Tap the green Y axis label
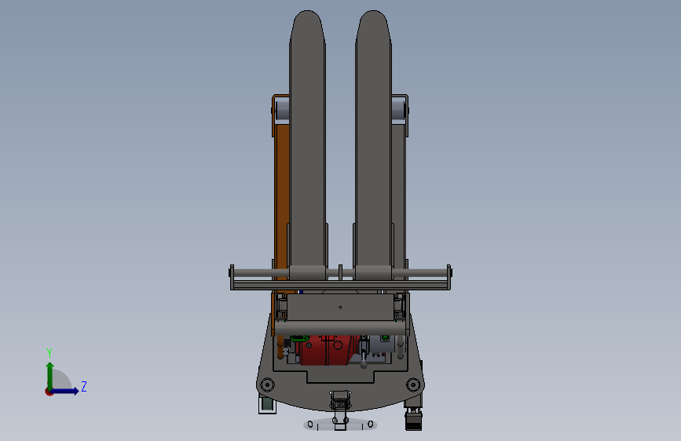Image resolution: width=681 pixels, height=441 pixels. pos(49,353)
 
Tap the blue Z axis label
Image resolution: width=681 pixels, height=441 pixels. pos(84,386)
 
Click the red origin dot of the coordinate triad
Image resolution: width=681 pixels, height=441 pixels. pos(49,392)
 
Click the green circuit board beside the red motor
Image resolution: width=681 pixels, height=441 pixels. pos(299,338)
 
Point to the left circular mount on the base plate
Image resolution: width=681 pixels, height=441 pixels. pos(267,385)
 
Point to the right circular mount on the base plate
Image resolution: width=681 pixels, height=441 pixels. pos(413,385)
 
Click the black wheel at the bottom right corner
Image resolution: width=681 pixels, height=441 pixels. pos(413,420)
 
